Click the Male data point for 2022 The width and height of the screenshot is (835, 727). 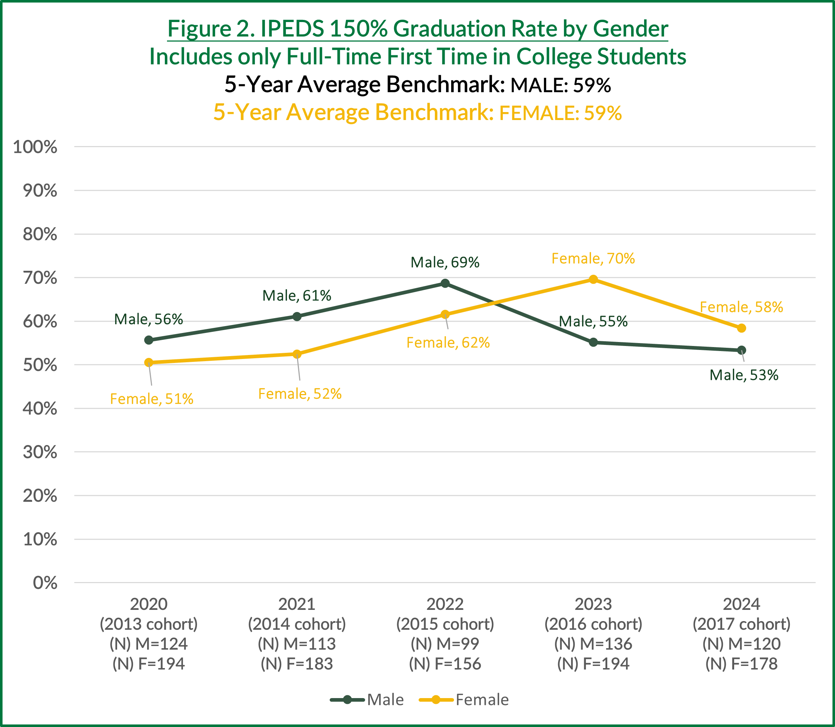[445, 283]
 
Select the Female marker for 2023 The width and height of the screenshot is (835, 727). [593, 279]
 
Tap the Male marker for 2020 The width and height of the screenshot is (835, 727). [149, 340]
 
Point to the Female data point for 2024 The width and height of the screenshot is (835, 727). [741, 328]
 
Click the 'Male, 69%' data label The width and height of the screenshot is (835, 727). [445, 262]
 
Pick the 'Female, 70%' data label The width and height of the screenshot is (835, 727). [593, 258]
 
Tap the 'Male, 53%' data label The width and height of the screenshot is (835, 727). [744, 375]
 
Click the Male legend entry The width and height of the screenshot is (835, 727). [367, 700]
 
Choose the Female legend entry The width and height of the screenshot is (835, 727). [464, 700]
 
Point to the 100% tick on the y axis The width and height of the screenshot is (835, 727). [35, 147]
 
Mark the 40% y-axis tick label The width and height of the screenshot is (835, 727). [40, 409]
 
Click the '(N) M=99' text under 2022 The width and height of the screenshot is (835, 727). [445, 644]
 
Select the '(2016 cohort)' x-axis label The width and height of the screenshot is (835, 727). [593, 624]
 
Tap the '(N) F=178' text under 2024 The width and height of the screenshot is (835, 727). [741, 664]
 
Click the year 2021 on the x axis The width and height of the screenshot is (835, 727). [297, 604]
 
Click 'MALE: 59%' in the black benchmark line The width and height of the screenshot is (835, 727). [560, 85]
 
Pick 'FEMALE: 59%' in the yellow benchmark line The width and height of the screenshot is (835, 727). [560, 113]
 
